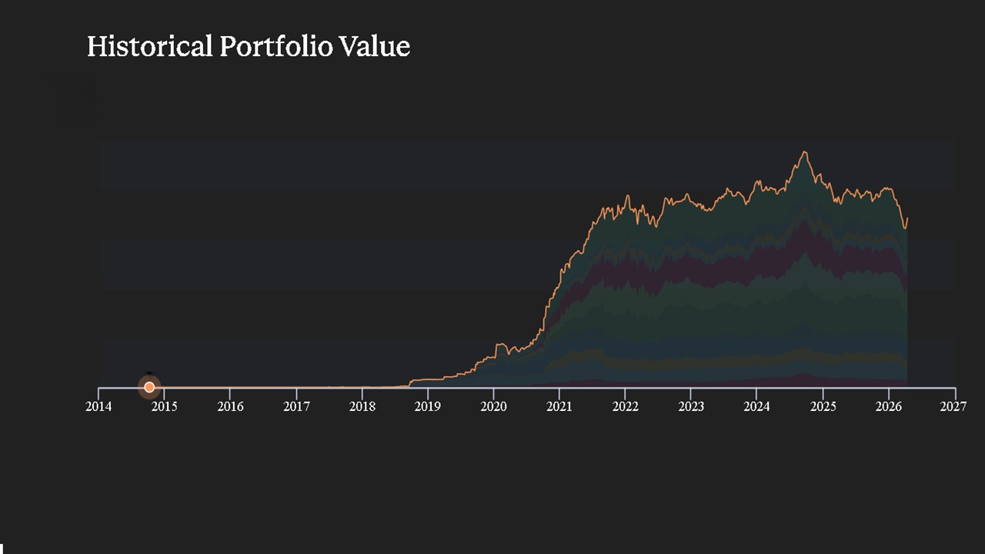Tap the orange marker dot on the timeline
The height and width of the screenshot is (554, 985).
[x=149, y=387]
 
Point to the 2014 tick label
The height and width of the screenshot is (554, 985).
[x=98, y=406]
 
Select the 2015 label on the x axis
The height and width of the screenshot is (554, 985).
[x=164, y=406]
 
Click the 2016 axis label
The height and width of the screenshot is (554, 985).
[x=230, y=406]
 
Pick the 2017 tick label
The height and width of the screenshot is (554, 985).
[x=296, y=406]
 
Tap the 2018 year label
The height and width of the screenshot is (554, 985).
[x=362, y=406]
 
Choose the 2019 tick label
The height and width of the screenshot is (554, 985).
[x=428, y=406]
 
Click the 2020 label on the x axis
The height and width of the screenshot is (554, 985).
[x=494, y=406]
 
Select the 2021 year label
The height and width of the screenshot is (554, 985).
[x=559, y=406]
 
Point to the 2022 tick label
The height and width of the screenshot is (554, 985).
[x=626, y=406]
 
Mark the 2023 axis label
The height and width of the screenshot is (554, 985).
[x=691, y=406]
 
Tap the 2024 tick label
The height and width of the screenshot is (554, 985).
[x=757, y=406]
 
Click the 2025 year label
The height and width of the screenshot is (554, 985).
[x=823, y=406]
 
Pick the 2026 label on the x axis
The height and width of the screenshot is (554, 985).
[x=889, y=406]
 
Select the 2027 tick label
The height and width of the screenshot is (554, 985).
[x=953, y=406]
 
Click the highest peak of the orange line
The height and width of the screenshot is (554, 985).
[x=805, y=152]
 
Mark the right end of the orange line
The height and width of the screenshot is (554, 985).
[x=907, y=219]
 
